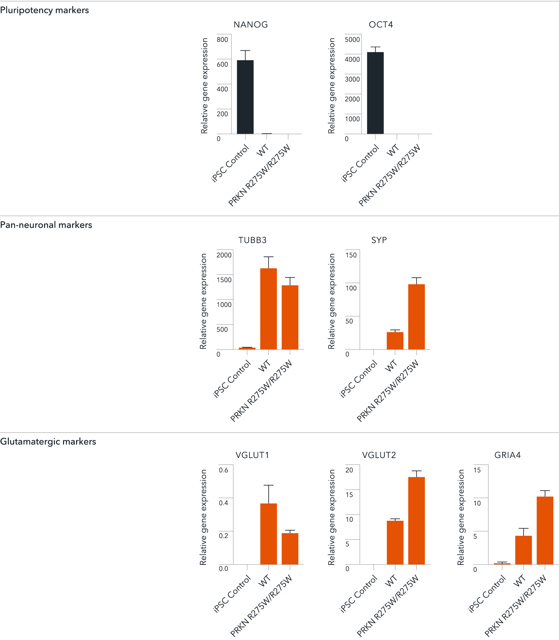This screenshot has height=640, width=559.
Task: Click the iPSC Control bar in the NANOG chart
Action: pos(245,97)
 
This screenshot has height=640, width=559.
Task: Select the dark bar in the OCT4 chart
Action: pos(375,93)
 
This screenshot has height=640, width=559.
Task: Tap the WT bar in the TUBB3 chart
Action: pos(268,309)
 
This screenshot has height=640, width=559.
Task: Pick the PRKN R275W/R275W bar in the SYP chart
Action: pos(416,317)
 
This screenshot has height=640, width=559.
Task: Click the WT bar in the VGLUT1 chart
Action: pos(268,534)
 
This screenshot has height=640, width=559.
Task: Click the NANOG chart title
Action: pos(250,25)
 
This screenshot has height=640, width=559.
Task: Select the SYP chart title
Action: pos(379,240)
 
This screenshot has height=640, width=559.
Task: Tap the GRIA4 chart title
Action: pos(507,455)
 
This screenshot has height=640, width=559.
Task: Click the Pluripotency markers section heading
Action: pos(44,10)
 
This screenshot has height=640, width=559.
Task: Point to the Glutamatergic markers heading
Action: pos(48,441)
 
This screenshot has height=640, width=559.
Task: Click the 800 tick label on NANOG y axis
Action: pos(222,40)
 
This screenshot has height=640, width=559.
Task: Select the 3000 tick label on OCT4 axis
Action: pos(352,79)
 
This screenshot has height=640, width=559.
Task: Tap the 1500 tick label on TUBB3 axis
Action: pos(224,280)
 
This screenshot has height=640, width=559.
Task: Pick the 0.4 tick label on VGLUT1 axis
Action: pos(223,503)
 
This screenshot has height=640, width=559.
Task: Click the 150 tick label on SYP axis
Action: pos(351,255)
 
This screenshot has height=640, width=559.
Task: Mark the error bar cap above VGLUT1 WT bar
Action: pos(268,485)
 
